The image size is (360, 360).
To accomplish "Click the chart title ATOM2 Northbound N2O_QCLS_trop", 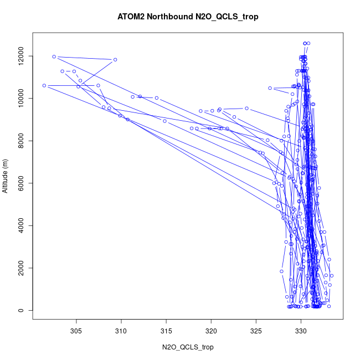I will click(188, 17).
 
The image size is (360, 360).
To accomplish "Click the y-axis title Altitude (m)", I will click(6, 176).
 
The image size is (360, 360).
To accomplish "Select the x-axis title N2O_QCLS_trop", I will click(188, 347).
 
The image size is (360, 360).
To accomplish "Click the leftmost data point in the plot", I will click(44, 85).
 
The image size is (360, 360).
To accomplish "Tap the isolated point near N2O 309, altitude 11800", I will click(115, 60).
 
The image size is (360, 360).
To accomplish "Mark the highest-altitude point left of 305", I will click(54, 56).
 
